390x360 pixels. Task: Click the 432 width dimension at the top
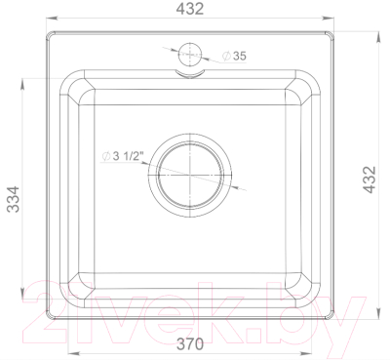[190, 9]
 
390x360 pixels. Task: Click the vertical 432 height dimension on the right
[370, 180]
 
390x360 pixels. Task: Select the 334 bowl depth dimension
[14, 199]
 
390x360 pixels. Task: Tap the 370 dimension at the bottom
[190, 343]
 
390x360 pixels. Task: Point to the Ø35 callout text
[234, 56]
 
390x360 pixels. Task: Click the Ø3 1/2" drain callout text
[123, 156]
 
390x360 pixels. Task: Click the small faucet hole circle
[190, 54]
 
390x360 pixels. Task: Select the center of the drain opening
[190, 175]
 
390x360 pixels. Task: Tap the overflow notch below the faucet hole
[190, 74]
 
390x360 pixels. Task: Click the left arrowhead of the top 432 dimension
[52, 18]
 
